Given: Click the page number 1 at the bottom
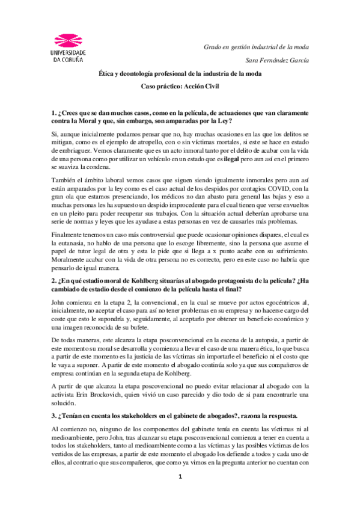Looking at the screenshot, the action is click(180, 494).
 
